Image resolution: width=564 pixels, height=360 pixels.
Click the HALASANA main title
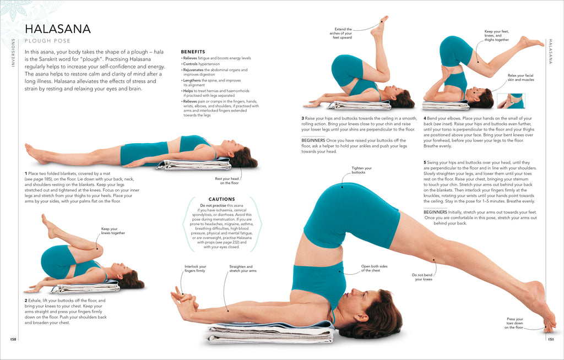pyautogui.click(x=58, y=29)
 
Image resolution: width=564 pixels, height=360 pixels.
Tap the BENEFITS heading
pyautogui.click(x=193, y=52)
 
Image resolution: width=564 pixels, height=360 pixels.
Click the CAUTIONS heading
pyautogui.click(x=221, y=199)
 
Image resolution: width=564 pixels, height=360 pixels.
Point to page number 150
pyautogui.click(x=13, y=339)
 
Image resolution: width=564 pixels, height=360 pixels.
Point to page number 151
pyautogui.click(x=550, y=339)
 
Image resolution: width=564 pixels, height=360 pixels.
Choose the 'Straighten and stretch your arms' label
pyautogui.click(x=243, y=269)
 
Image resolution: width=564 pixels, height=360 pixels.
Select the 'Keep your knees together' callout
pyautogui.click(x=113, y=231)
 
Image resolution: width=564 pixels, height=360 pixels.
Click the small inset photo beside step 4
pyautogui.click(x=511, y=101)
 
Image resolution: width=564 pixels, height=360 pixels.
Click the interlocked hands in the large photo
pyautogui.click(x=184, y=302)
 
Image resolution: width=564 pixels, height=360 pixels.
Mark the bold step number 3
pyautogui.click(x=302, y=118)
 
